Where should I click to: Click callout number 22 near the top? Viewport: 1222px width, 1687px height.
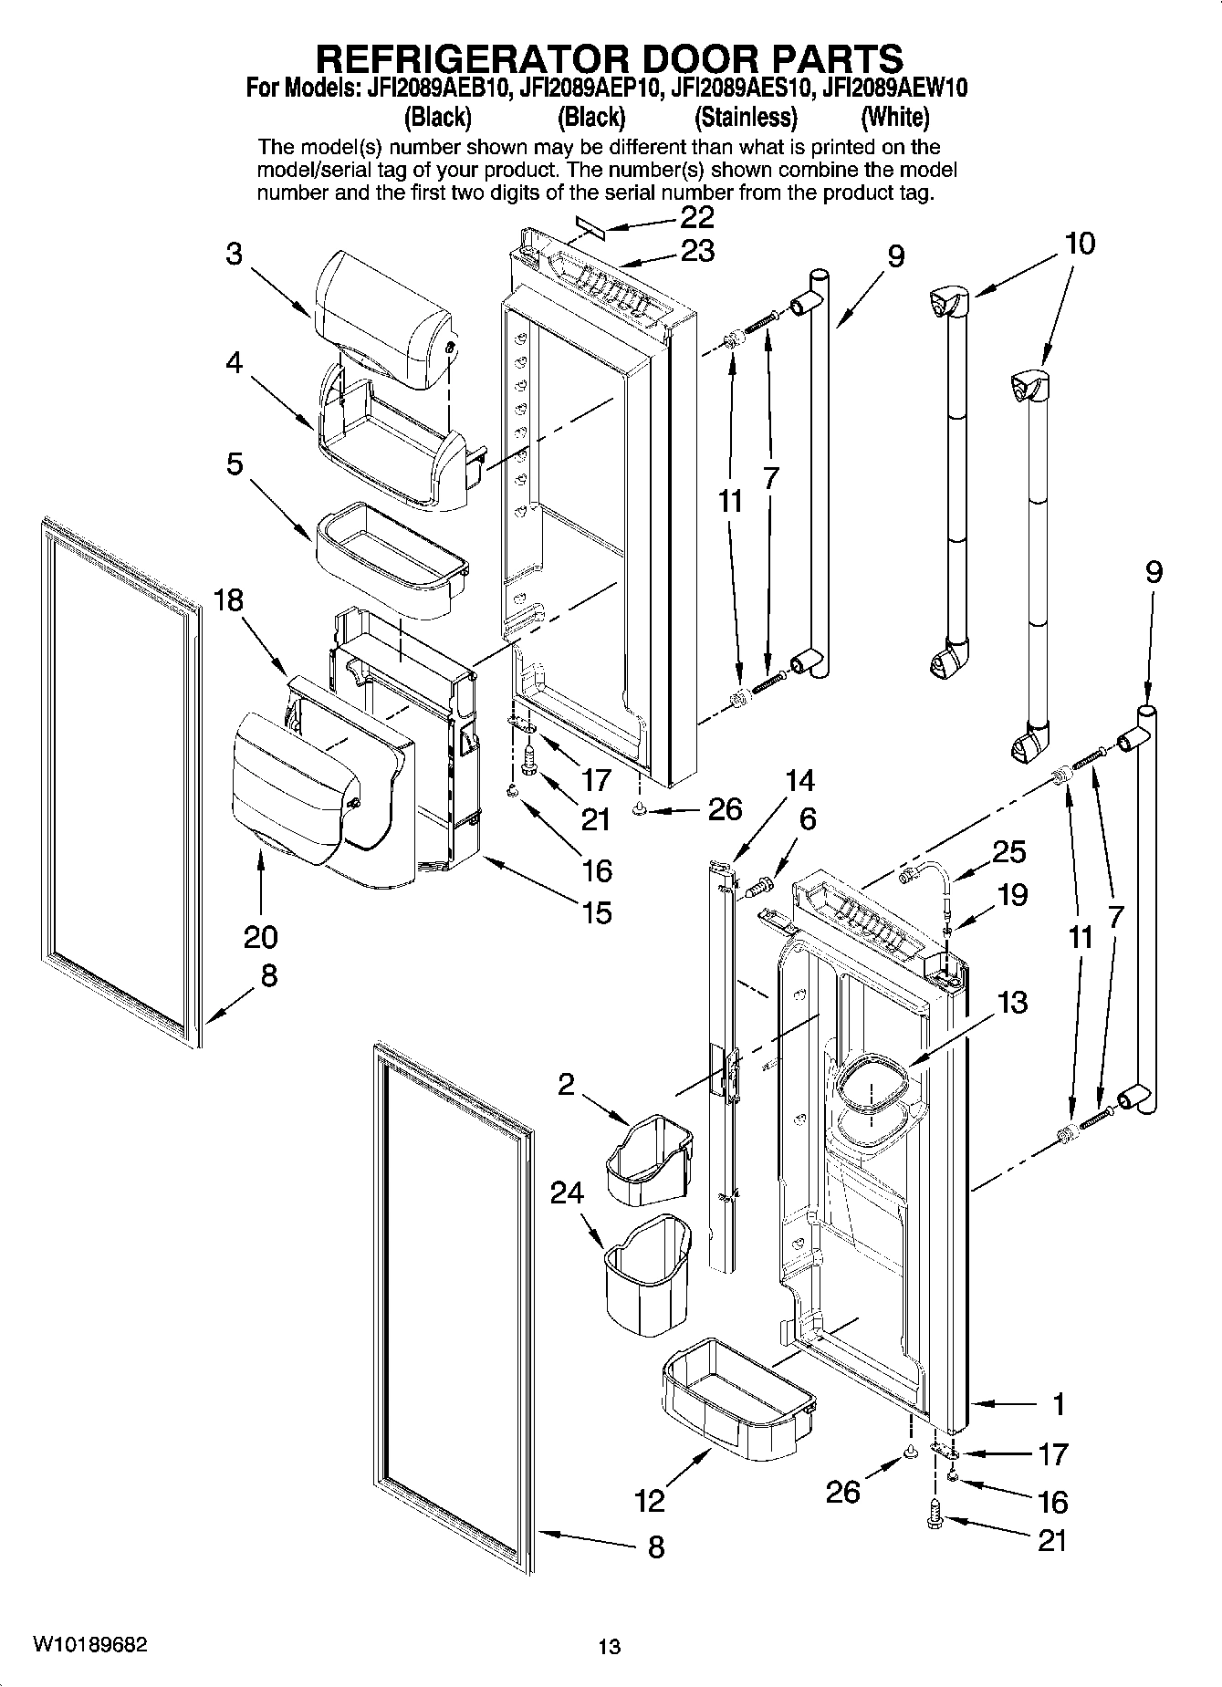pos(697,217)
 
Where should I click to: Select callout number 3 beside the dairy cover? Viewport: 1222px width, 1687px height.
pos(235,254)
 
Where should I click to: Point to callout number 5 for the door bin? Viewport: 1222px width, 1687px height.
pos(235,464)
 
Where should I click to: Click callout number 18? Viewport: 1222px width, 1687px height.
pos(230,600)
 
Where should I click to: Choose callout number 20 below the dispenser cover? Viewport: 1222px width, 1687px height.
pos(261,937)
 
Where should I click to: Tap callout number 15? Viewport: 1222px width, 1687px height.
pos(597,912)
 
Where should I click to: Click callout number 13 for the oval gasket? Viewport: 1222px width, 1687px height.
pos(1012,1002)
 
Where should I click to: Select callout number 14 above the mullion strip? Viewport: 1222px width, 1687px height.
pos(799,781)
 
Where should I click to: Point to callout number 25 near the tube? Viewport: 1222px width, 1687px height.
pos(1008,852)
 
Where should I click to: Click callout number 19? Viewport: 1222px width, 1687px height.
pos(1012,895)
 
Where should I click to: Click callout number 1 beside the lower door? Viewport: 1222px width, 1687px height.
pos(1059,1404)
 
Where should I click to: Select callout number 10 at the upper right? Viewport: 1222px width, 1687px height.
pos(1080,244)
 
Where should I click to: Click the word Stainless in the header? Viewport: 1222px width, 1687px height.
pos(745,118)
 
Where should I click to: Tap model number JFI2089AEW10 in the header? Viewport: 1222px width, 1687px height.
pos(894,89)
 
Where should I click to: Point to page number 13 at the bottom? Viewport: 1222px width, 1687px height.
pos(610,1647)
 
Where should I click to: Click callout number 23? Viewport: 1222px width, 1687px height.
pos(697,251)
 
